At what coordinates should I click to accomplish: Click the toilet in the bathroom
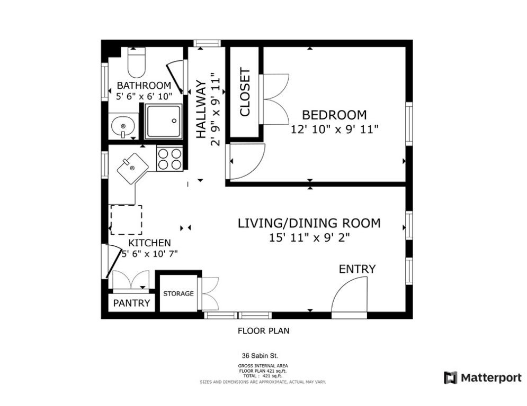point(137,62)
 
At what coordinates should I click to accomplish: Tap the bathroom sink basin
point(123,126)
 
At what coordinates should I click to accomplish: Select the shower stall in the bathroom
point(163,122)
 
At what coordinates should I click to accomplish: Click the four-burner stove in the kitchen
point(169,159)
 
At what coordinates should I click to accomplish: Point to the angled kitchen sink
point(133,169)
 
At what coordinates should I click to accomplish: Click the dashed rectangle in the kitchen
point(127,220)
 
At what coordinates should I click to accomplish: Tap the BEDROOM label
point(334,115)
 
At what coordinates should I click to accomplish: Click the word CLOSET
point(245,93)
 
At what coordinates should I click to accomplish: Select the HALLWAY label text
point(201,109)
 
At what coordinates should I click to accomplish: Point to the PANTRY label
point(131,303)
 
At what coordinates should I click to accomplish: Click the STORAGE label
point(178,293)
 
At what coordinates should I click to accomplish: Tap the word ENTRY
point(357,269)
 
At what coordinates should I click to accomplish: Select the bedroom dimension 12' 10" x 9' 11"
point(334,129)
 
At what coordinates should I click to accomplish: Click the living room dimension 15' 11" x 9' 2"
point(309,237)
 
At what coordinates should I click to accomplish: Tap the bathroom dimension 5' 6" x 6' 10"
point(144,97)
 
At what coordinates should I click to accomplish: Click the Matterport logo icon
point(450,377)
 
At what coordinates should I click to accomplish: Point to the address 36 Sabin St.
point(260,356)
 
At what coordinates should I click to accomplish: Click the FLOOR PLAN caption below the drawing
point(264,331)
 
